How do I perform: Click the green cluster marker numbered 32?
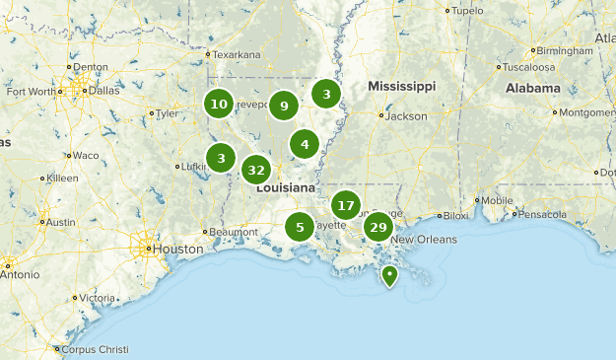tap(256, 170)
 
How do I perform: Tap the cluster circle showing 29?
tap(377, 228)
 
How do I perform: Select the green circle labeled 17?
tap(345, 205)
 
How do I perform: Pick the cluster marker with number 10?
tap(219, 104)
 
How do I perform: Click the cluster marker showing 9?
tap(284, 106)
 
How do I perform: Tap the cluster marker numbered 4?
tap(305, 144)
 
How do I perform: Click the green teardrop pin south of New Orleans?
tap(389, 275)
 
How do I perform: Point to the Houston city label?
tap(175, 249)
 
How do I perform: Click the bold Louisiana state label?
tap(287, 187)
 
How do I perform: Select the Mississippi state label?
tap(401, 87)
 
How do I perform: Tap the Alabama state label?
tap(533, 87)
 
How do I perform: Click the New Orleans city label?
tap(424, 240)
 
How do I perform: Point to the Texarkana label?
tap(239, 54)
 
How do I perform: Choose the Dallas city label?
tap(103, 90)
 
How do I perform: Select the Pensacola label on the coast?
tap(544, 213)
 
